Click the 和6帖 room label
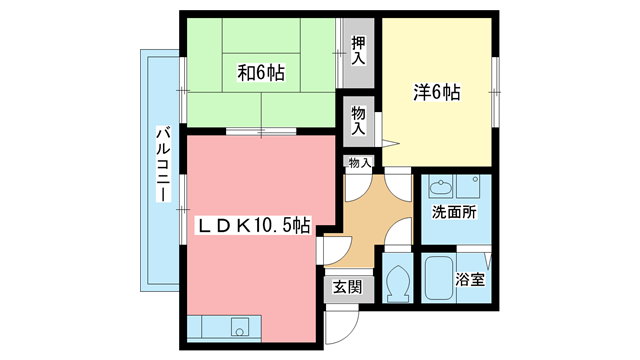point(261,73)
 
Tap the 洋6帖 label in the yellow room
point(437,93)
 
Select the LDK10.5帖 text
point(254,225)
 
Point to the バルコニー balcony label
point(163,164)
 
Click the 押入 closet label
point(358,51)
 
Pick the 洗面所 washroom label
point(454,212)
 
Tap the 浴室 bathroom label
point(470,280)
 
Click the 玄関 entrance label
point(347,287)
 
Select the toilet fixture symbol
point(397,283)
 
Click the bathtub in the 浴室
point(438,278)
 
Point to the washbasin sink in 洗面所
point(440,187)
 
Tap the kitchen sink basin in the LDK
point(240,327)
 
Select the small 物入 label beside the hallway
point(359,163)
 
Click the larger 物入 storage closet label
point(358,121)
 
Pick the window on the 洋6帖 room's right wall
point(495,92)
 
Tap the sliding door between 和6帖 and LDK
point(261,131)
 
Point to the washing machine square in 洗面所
point(474,187)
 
